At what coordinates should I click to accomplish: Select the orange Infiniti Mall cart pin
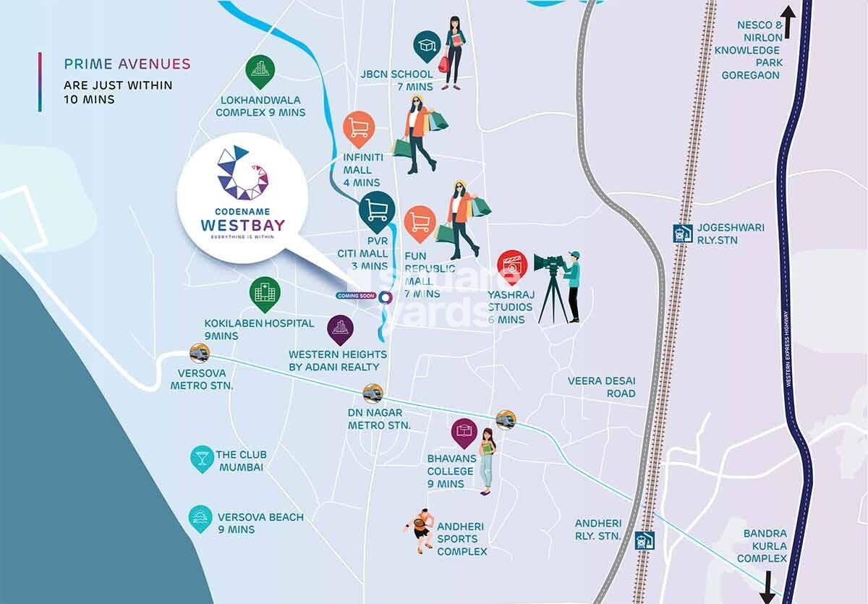[359, 128]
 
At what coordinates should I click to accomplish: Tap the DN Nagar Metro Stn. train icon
[373, 393]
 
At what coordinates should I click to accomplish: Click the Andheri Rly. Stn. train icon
[644, 540]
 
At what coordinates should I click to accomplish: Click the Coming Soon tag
[355, 296]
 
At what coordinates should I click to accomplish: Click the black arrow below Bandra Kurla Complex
[768, 584]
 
